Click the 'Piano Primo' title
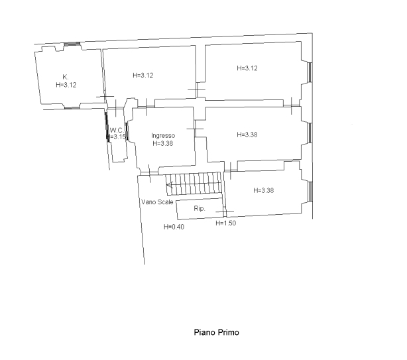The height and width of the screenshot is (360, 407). [x=217, y=332]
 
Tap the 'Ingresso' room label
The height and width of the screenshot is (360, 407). [x=163, y=135]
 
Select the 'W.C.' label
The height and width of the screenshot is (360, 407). [x=117, y=130]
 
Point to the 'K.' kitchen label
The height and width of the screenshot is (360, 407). [x=66, y=77]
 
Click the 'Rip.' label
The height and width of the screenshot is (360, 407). [x=200, y=208]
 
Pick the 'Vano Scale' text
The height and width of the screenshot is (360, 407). [x=157, y=202]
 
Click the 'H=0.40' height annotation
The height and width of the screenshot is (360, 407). [x=174, y=227]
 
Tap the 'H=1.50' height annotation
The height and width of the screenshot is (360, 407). [x=226, y=223]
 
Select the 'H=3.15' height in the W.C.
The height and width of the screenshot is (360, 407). [x=117, y=137]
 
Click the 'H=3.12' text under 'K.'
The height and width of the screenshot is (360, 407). [x=66, y=85]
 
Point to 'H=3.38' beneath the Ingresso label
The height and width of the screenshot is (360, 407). [x=163, y=143]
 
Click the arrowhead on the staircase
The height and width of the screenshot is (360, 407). [x=169, y=185]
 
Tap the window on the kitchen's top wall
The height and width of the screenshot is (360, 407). [x=72, y=44]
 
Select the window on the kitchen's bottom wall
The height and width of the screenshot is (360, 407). [x=72, y=107]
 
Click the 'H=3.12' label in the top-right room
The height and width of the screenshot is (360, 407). [x=247, y=68]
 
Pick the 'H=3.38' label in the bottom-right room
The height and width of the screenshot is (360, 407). [x=263, y=190]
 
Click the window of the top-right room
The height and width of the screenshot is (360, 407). [x=310, y=72]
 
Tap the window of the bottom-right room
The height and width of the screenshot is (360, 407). [x=310, y=192]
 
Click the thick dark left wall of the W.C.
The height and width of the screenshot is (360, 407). [x=107, y=127]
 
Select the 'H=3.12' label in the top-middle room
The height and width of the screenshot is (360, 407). [x=143, y=76]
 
